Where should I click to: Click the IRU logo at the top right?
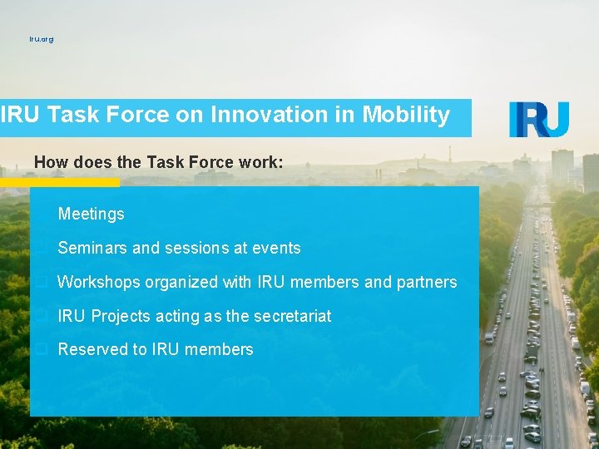click(x=539, y=120)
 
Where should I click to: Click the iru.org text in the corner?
click(x=41, y=39)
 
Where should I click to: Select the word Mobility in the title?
click(x=406, y=115)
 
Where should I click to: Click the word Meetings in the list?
click(x=91, y=214)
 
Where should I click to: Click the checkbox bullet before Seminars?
click(x=40, y=249)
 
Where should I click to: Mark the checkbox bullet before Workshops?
click(x=40, y=283)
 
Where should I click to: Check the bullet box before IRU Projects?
click(x=40, y=317)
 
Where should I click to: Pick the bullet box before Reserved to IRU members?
click(x=40, y=350)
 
